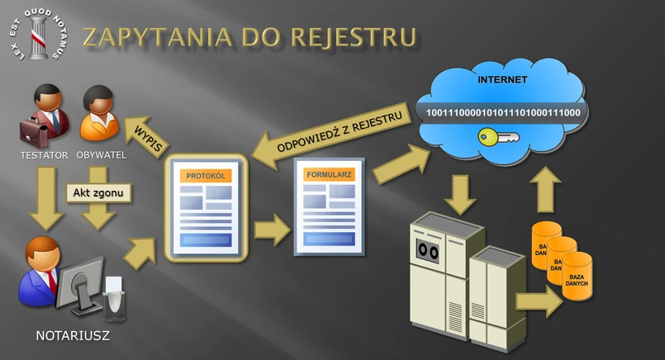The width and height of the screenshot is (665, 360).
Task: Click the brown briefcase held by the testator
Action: pyautogui.click(x=35, y=130)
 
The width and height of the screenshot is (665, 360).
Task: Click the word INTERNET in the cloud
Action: pyautogui.click(x=501, y=80)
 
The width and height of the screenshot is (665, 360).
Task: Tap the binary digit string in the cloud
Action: pyautogui.click(x=497, y=111)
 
